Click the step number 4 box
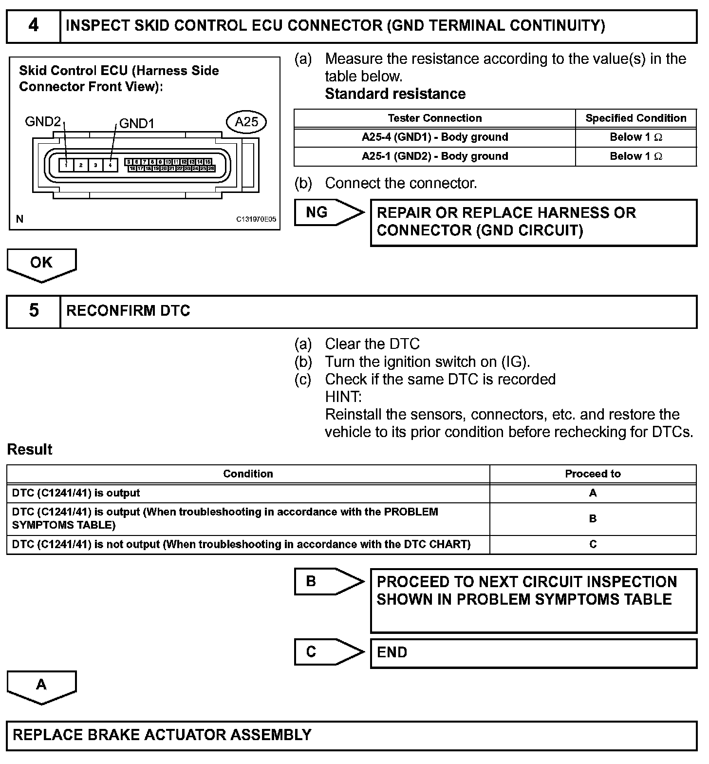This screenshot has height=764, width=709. [33, 26]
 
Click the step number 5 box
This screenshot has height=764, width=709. [33, 311]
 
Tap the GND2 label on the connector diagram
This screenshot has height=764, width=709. [43, 121]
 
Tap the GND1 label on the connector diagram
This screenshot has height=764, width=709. [137, 123]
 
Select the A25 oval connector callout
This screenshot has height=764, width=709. [246, 122]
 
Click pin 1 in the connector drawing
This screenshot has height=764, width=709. [66, 165]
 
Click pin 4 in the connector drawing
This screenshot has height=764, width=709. [110, 165]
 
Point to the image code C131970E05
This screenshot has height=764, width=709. [256, 219]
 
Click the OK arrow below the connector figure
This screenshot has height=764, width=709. [41, 264]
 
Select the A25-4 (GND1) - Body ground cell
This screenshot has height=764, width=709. [435, 137]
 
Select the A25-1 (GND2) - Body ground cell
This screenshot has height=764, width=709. [435, 156]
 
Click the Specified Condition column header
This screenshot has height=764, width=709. [635, 118]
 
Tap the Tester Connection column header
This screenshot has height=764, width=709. [435, 118]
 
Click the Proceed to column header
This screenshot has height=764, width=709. [593, 474]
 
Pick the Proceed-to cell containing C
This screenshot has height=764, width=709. [593, 544]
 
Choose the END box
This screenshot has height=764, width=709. [533, 653]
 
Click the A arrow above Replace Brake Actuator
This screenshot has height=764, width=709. [41, 686]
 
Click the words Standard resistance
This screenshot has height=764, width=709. [395, 94]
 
